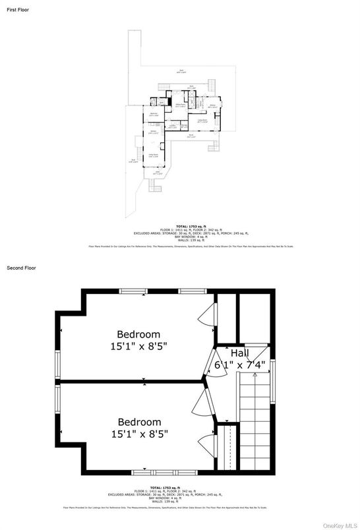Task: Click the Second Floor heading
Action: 21,268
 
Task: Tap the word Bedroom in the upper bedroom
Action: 138,334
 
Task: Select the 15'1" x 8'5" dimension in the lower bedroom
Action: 139,434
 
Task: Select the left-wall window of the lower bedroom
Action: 57,405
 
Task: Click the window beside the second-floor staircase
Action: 272,382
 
